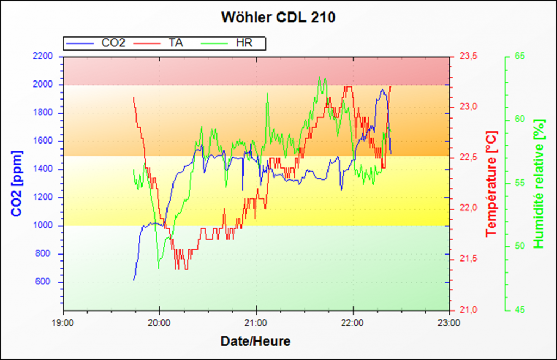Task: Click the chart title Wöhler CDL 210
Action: (x=278, y=17)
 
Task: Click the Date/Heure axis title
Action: (x=255, y=342)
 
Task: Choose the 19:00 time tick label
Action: (x=64, y=322)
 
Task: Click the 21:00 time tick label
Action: (x=256, y=322)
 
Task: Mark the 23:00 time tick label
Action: (x=449, y=322)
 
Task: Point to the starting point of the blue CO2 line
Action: (x=134, y=280)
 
